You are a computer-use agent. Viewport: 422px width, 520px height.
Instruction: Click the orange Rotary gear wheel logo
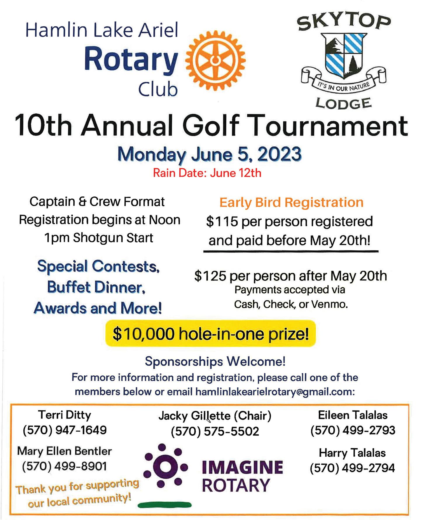pyautogui.click(x=216, y=61)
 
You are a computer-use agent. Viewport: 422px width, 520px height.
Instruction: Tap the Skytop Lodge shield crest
pyautogui.click(x=345, y=55)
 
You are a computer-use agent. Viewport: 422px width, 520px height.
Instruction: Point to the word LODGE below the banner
pyautogui.click(x=344, y=103)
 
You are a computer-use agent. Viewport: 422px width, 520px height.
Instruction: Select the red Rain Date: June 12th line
pyautogui.click(x=207, y=173)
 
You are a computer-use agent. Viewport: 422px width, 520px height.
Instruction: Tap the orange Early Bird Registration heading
pyautogui.click(x=291, y=202)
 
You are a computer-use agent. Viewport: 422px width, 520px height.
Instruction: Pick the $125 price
pyautogui.click(x=210, y=276)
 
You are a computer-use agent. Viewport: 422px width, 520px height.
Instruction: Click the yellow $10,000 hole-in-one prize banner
pyautogui.click(x=210, y=334)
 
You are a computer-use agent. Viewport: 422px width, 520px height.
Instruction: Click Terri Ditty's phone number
pyautogui.click(x=65, y=430)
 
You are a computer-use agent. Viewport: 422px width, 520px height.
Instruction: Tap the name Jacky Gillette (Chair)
pyautogui.click(x=215, y=416)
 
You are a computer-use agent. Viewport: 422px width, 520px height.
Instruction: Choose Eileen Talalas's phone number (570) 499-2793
pyautogui.click(x=352, y=430)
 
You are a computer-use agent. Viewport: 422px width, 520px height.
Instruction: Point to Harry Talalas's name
pyautogui.click(x=352, y=453)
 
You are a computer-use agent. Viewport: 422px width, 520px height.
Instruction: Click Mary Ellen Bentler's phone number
pyautogui.click(x=65, y=466)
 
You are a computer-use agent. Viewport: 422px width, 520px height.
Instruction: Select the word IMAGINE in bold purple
pyautogui.click(x=242, y=467)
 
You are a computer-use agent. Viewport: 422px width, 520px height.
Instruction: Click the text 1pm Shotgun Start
pyautogui.click(x=99, y=238)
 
